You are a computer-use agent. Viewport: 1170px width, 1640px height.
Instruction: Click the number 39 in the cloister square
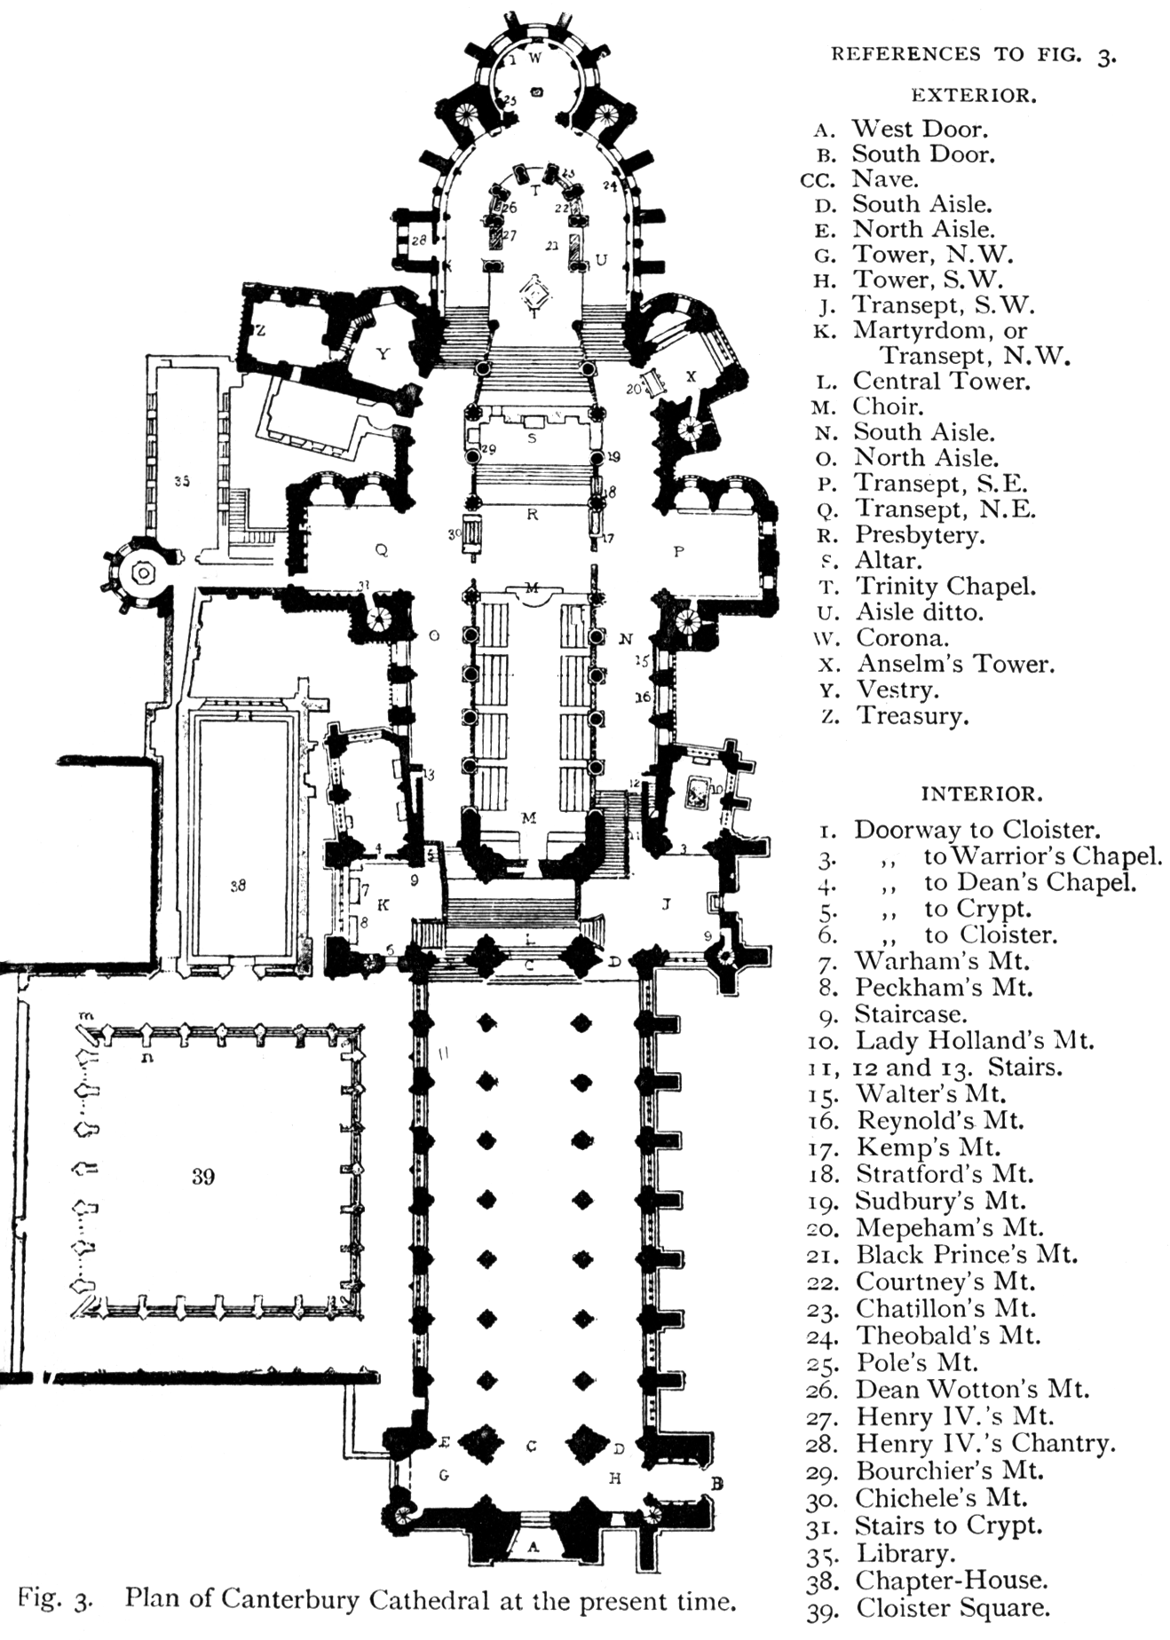(202, 1177)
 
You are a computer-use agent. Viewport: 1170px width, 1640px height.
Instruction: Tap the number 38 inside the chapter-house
(237, 885)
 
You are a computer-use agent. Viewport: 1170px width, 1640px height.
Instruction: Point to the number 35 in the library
(182, 481)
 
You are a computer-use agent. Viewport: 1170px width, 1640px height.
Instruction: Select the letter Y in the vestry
(383, 354)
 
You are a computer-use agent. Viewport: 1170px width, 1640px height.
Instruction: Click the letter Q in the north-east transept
(382, 550)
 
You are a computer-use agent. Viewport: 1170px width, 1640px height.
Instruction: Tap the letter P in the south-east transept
(679, 552)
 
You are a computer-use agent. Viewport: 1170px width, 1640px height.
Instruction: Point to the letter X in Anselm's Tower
(692, 376)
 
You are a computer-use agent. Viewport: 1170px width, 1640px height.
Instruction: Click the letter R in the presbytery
(533, 514)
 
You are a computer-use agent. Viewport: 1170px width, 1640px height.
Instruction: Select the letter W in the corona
(534, 59)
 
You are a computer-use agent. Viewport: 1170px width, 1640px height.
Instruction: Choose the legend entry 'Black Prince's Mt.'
(966, 1255)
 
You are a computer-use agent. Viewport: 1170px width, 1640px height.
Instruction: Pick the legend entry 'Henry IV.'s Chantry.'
(985, 1444)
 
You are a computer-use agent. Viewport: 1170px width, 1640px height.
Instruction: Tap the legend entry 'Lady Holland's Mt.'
(975, 1040)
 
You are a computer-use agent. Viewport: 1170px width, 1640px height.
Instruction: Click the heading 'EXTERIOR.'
(973, 97)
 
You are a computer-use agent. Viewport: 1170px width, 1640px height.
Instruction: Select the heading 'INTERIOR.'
(981, 793)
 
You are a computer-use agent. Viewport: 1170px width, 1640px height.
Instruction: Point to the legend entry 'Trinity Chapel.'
(945, 587)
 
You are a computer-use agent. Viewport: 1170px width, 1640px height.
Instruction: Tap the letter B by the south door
(717, 1483)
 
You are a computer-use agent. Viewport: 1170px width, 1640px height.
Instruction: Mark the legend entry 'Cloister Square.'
(953, 1608)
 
